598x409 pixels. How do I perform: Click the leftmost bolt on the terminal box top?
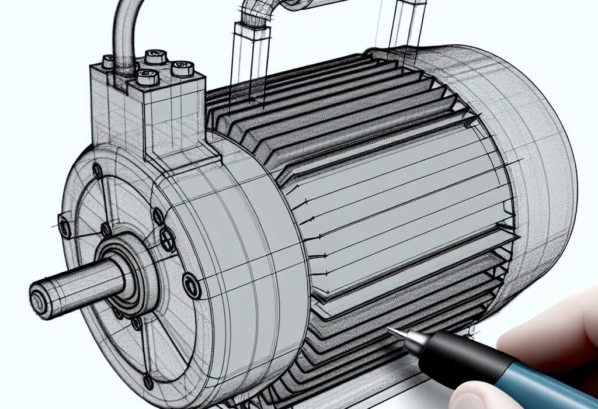[110, 61]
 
